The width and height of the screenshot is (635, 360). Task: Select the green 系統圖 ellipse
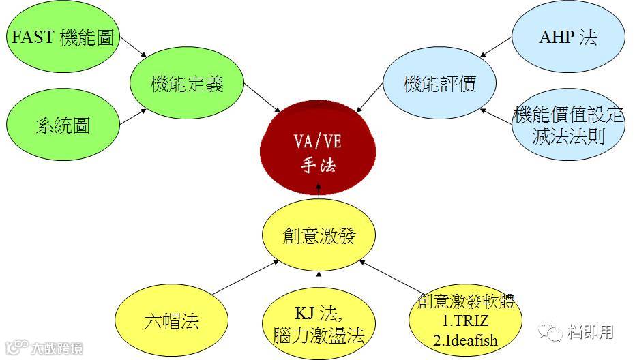point(63,125)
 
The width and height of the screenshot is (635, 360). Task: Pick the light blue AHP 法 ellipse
point(567,37)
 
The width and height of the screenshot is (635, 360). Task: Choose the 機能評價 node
point(439,85)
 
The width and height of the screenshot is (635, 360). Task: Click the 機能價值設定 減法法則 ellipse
point(569,125)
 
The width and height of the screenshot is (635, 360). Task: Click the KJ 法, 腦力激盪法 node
point(319,325)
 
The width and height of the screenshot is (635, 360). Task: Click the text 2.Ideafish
point(466,340)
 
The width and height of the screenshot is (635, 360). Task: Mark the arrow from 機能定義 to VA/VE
point(263,100)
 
